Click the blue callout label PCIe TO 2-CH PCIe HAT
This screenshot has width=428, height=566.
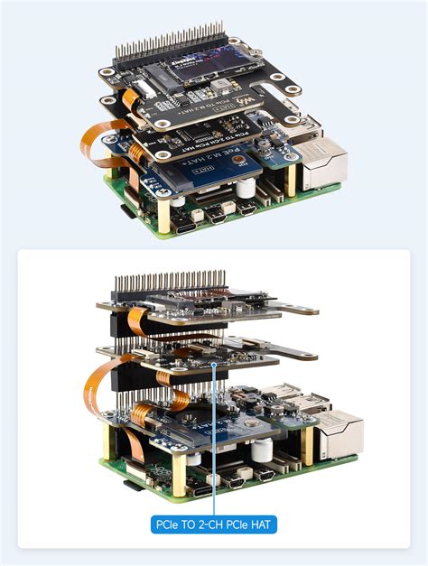pyautogui.click(x=214, y=522)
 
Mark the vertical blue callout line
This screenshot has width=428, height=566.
pyautogui.click(x=214, y=442)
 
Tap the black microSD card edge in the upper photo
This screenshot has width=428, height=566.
pyautogui.click(x=124, y=212)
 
